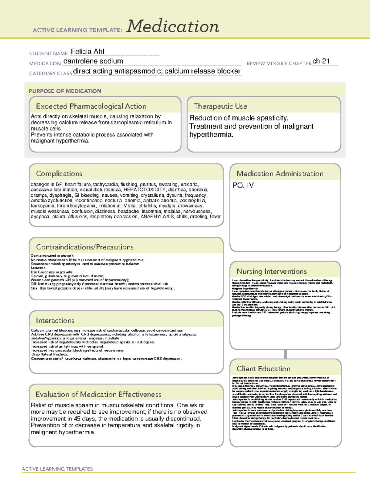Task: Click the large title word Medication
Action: click(173, 26)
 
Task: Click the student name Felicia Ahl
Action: click(88, 51)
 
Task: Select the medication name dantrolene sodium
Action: click(93, 61)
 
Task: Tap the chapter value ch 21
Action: click(321, 61)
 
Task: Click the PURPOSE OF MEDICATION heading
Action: click(65, 91)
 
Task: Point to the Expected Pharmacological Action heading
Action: click(91, 106)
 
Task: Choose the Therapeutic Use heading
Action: click(220, 106)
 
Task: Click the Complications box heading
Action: click(59, 174)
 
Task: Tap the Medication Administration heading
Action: click(280, 174)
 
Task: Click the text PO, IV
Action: click(243, 185)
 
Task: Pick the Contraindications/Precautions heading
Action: click(85, 247)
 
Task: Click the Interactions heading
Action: click(55, 320)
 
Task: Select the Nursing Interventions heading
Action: click(272, 271)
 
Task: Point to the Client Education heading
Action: click(263, 368)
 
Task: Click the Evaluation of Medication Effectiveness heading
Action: click(98, 394)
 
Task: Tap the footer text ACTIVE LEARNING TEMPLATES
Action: click(57, 469)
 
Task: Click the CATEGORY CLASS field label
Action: click(51, 73)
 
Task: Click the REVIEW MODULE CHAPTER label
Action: click(279, 63)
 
